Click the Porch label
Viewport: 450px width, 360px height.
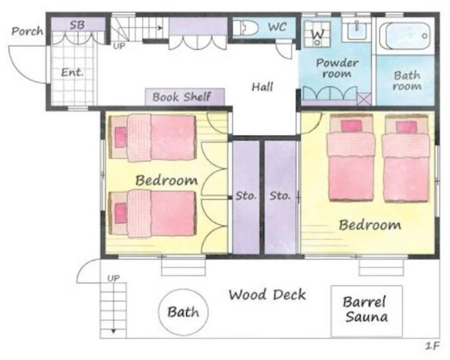(27, 31)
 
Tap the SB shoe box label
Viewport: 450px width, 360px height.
(77, 25)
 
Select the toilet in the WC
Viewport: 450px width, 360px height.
(246, 28)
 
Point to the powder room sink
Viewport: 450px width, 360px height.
(356, 29)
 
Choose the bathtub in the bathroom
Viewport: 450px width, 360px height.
(405, 36)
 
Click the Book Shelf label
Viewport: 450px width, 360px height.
(182, 97)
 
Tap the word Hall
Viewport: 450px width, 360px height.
(262, 87)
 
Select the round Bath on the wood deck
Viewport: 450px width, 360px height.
(184, 312)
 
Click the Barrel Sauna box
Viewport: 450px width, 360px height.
(367, 311)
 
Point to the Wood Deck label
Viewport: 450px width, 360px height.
(267, 295)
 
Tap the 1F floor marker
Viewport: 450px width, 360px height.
(432, 346)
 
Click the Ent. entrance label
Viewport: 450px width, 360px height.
(72, 72)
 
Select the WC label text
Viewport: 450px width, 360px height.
(277, 27)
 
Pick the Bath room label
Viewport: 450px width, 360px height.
(407, 80)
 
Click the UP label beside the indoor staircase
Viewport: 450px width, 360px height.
(119, 46)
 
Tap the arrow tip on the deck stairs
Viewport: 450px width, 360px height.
(114, 332)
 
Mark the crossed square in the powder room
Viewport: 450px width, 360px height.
(364, 99)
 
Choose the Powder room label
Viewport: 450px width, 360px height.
(337, 68)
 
